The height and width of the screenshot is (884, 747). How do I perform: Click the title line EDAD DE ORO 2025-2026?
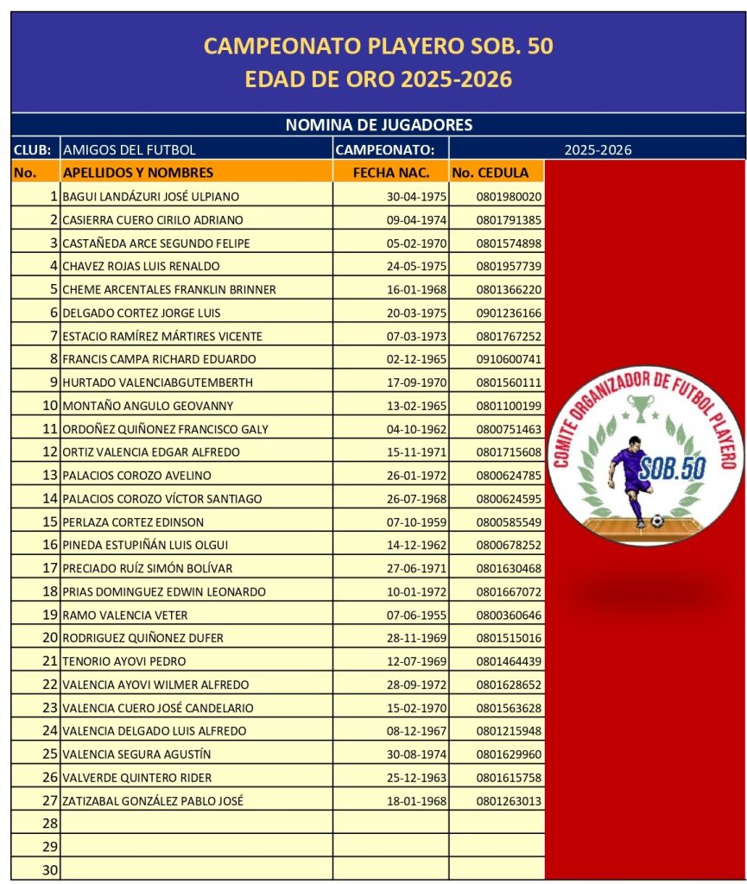[378, 79]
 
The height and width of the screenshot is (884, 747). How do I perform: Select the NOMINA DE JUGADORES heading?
[378, 125]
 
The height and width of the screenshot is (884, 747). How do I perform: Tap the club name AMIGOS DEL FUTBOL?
[130, 149]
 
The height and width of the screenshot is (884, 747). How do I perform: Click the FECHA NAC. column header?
[391, 172]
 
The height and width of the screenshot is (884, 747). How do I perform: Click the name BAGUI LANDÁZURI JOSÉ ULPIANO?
[151, 197]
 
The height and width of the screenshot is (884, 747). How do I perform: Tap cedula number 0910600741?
[509, 359]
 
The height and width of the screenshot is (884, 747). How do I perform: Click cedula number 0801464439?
[509, 661]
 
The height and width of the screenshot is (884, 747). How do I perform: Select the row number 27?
[50, 801]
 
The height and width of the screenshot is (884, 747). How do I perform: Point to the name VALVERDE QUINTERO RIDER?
[137, 778]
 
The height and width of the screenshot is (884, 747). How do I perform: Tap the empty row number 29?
[50, 848]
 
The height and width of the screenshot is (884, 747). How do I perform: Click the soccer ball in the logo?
[658, 521]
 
